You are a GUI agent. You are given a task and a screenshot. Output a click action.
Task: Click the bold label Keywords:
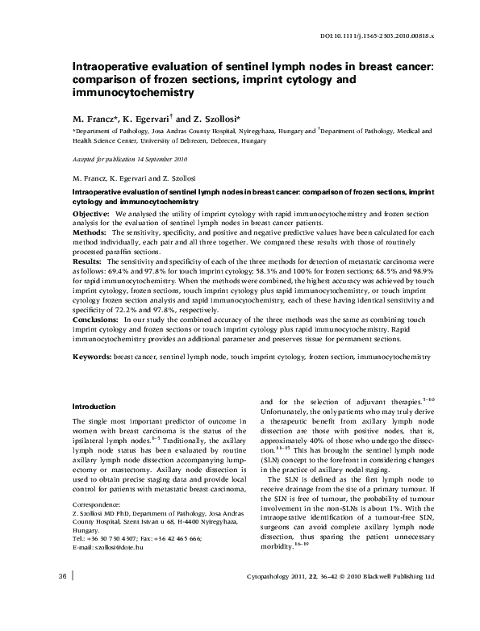click(92, 355)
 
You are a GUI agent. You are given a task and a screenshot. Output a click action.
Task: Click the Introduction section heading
click(94, 406)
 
